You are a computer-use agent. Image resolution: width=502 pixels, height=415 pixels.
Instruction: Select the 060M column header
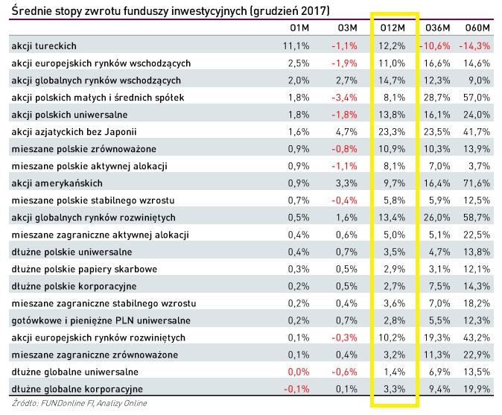[477, 28]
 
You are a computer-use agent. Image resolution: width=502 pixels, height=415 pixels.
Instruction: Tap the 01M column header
[298, 28]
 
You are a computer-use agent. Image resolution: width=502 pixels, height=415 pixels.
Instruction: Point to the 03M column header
[346, 28]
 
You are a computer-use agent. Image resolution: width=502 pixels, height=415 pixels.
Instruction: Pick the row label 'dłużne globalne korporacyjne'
[77, 388]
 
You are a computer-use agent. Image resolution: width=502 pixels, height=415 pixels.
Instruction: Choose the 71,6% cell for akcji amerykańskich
[477, 183]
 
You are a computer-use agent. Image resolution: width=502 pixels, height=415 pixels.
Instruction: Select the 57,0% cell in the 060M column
[477, 97]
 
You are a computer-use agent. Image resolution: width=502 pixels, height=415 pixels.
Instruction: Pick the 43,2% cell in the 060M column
[477, 337]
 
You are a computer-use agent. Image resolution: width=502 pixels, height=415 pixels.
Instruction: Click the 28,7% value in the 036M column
[435, 97]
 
